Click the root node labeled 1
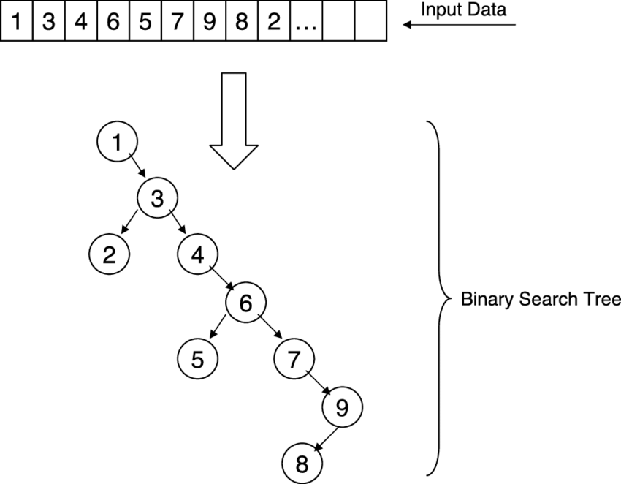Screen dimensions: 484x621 pos(117,142)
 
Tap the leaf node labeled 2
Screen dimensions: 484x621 pos(109,254)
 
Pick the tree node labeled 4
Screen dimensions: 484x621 pos(198,254)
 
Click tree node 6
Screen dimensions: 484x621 pos(245,302)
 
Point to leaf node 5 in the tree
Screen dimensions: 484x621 pos(197,358)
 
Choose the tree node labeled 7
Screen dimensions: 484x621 pos(294,358)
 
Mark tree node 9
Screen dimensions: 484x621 pos(341,407)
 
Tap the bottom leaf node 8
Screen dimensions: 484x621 pos(302,462)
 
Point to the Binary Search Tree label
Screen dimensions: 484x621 pos(540,300)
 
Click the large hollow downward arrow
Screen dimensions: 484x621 pos(234,121)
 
